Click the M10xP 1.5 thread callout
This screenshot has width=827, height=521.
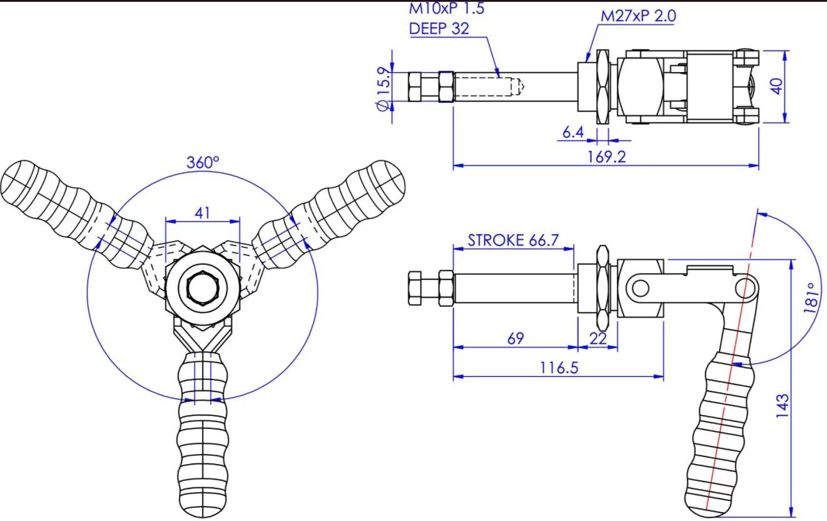pos(447,8)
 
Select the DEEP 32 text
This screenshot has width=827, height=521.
pos(439,28)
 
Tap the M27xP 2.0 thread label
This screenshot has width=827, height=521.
pos(638,16)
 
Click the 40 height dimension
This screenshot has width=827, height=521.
pos(776,86)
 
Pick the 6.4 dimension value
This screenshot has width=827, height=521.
pos(573,132)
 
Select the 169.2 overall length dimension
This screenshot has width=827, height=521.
pos(606,157)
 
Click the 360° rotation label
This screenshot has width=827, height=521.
pos(203,163)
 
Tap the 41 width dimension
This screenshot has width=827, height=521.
pos(202,213)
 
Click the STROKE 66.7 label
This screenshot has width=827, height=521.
pos(513,240)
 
